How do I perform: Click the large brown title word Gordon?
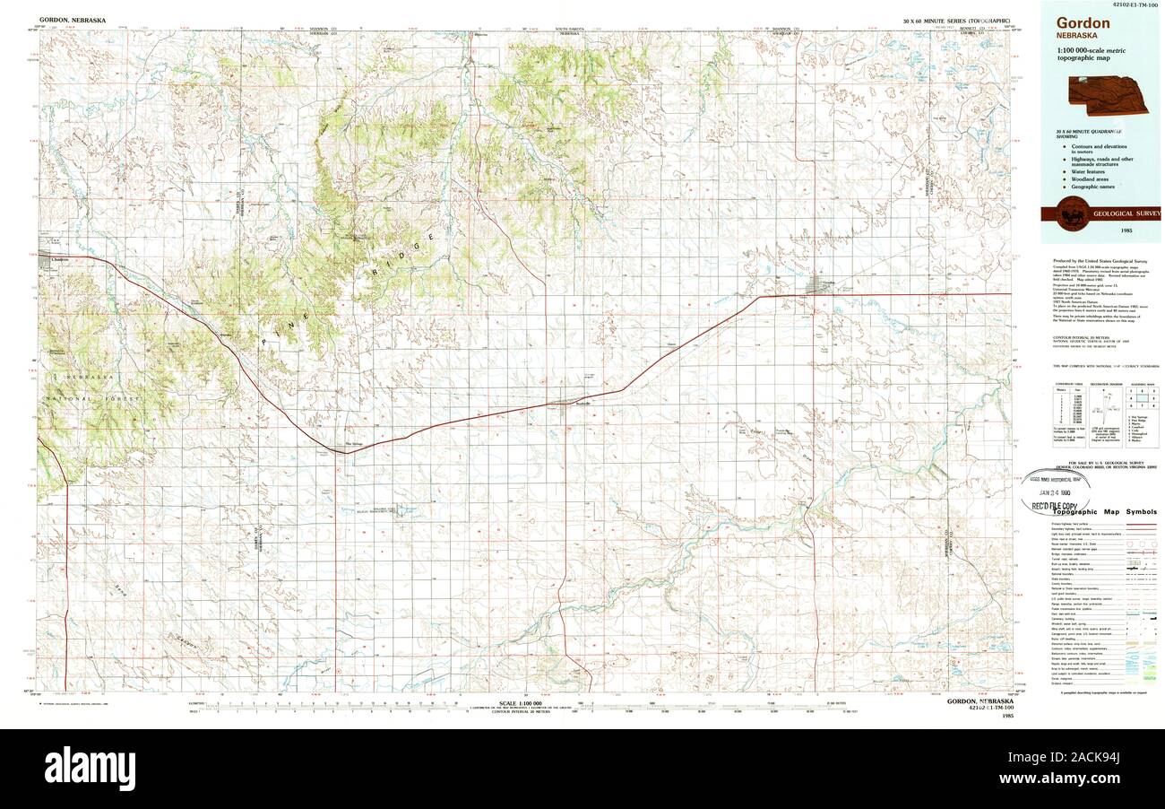[x=1083, y=24]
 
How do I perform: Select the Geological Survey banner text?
[x=1126, y=213]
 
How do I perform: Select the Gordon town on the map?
[x=817, y=287]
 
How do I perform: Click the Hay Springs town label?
[x=343, y=443]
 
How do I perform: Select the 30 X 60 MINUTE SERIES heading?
[x=957, y=19]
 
